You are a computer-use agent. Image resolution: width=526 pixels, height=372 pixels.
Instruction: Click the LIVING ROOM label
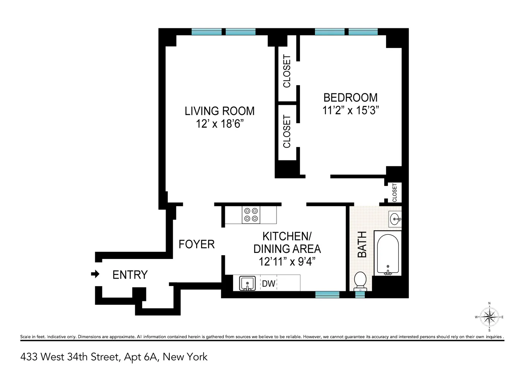(x=220, y=111)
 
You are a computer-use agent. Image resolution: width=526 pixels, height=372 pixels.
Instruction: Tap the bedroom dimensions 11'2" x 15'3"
(x=350, y=110)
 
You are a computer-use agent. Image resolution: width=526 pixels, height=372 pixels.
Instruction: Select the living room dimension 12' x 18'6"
(x=220, y=124)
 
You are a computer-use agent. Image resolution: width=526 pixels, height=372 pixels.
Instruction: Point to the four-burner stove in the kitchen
(x=251, y=215)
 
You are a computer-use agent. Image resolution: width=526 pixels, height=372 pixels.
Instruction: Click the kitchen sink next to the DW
(x=247, y=283)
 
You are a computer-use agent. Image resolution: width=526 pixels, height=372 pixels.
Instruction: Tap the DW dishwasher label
(x=268, y=284)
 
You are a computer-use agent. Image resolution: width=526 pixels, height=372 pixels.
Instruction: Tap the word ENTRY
(x=130, y=275)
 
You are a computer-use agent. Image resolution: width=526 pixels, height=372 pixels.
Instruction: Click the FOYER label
(x=197, y=244)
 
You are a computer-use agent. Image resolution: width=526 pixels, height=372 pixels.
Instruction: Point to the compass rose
(x=489, y=317)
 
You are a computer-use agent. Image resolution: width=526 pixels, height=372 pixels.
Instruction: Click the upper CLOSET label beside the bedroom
(x=287, y=71)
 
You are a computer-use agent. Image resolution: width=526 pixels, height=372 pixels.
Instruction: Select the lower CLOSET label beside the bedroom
(x=287, y=131)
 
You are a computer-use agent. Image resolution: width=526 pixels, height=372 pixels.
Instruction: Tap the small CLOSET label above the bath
(x=395, y=193)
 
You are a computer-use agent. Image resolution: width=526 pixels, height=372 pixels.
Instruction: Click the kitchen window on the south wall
(x=327, y=295)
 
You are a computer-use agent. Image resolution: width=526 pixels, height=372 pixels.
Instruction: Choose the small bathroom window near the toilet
(x=360, y=295)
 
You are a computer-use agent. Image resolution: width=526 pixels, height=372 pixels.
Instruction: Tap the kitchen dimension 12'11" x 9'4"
(x=287, y=262)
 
